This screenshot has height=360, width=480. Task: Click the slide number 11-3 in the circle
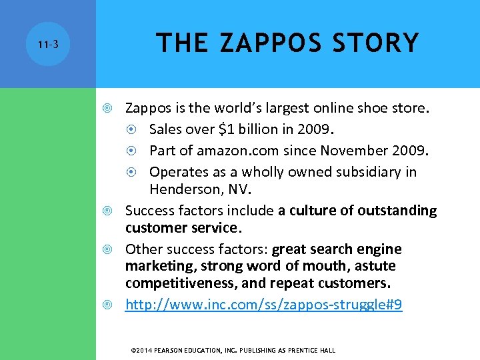click(x=48, y=45)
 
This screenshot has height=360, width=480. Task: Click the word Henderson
click(x=185, y=189)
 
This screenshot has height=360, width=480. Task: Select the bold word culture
click(x=316, y=211)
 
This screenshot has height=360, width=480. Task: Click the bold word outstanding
click(x=397, y=211)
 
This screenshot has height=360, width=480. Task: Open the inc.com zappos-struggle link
click(x=264, y=305)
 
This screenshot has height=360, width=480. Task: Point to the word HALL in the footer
click(x=327, y=350)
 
